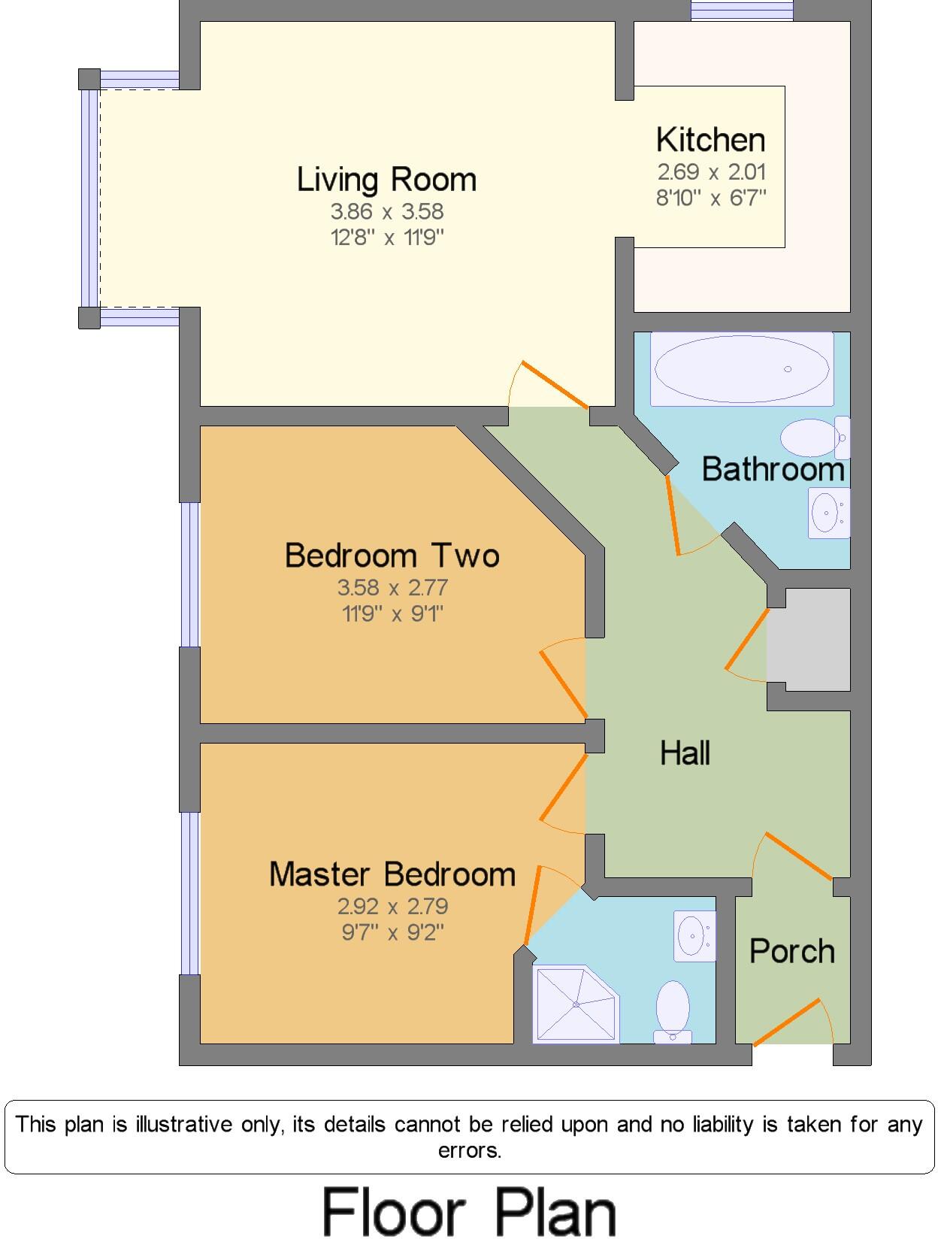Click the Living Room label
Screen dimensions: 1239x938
[386, 180]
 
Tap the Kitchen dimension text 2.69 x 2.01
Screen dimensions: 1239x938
[711, 172]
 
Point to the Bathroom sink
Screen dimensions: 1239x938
[828, 513]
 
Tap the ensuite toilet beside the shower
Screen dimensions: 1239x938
[673, 1011]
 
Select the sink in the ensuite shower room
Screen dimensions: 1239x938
[694, 936]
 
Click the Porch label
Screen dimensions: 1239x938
[792, 952]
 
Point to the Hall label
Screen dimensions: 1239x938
[685, 753]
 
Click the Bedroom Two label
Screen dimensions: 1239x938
[392, 556]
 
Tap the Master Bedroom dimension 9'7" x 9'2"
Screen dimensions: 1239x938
[392, 933]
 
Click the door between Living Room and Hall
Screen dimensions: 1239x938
[554, 386]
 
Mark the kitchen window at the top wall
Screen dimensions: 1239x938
[741, 11]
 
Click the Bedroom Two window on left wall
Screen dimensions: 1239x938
[189, 574]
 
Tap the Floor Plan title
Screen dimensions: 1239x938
[469, 1211]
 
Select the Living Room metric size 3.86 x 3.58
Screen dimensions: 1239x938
[387, 211]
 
